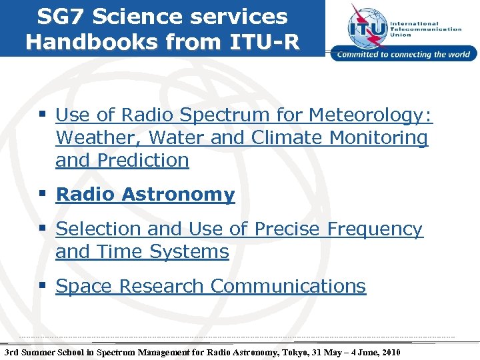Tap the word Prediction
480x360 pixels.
142,161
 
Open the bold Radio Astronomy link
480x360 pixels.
145,195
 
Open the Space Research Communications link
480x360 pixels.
211,287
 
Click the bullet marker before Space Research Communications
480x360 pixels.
43,286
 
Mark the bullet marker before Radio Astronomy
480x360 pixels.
43,194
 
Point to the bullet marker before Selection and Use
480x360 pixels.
43,229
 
